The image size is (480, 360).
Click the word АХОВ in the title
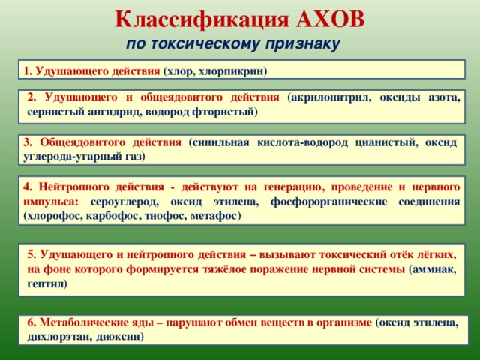[330, 20]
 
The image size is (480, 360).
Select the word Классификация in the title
[202, 20]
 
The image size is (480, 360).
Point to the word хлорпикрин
[231, 71]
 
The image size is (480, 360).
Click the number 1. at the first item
[28, 71]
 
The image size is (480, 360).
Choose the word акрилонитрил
[331, 97]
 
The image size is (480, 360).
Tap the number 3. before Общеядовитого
[28, 142]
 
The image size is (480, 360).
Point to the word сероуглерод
[124, 202]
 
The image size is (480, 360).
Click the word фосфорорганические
[328, 202]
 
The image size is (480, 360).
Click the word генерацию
[293, 187]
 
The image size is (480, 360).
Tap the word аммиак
[434, 269]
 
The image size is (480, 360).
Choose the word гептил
[45, 283]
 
